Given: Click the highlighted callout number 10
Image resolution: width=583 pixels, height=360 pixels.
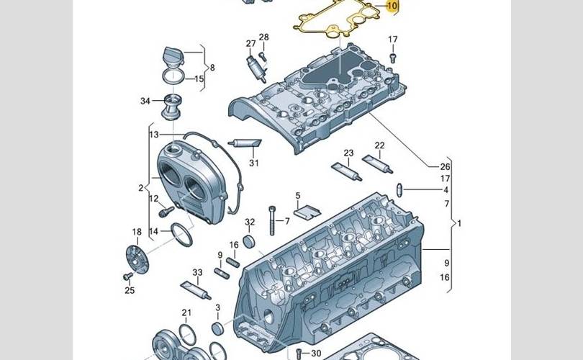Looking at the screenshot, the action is pos(392,6).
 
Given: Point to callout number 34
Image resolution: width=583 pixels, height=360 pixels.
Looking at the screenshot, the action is pos(145,101).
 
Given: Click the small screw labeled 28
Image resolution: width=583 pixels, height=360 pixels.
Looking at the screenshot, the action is pos(263,57).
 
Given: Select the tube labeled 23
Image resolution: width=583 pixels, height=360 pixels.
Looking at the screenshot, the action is pos(346,171).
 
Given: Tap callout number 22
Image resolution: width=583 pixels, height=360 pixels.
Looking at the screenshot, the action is pos(379,145).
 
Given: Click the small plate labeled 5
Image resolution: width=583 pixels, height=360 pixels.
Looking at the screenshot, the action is pos(307,211).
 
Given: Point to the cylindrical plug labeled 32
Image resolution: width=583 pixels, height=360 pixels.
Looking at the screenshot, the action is pos(249,241).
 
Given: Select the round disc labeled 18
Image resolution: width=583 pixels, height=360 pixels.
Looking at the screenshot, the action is pos(137,259).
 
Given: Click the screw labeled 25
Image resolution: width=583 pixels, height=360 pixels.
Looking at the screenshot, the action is pos(128,276).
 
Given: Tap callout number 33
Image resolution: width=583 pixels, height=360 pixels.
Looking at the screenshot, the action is pos(197,273).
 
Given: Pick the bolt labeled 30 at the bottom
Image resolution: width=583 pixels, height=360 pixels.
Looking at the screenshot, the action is pos(299,353).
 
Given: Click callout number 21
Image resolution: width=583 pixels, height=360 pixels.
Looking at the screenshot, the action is pos(186,312).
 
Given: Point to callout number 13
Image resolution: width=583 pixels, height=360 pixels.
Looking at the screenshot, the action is pos(154,134).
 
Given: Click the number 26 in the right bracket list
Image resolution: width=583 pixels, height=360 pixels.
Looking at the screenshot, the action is pos(445,166).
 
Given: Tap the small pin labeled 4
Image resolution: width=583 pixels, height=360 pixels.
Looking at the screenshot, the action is pos(399,190).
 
